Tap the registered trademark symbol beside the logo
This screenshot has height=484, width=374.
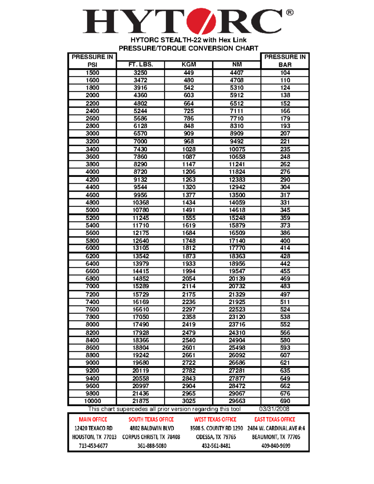coord(290,12)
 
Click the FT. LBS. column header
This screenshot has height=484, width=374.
coord(141,65)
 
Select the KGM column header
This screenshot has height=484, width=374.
coord(189,65)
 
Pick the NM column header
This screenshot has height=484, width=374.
coord(237,65)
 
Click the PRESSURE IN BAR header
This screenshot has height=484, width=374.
coord(285,61)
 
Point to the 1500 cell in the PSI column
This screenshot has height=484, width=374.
coord(93,73)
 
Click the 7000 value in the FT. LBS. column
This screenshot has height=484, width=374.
coord(141,141)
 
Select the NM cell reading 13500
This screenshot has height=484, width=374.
coord(237,195)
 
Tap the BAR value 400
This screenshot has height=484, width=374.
coord(285,241)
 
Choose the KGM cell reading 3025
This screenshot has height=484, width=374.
coord(189,401)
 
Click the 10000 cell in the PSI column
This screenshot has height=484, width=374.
coord(93,401)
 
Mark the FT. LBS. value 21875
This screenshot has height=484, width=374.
coord(141,401)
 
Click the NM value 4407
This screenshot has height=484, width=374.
coord(237,73)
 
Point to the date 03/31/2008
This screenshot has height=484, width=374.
coord(274,409)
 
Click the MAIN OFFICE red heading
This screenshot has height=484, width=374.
coord(93,419)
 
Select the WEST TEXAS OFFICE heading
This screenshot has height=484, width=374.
coord(215,419)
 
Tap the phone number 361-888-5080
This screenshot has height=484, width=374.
coord(152,446)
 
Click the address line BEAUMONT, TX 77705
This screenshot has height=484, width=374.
coord(276,437)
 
